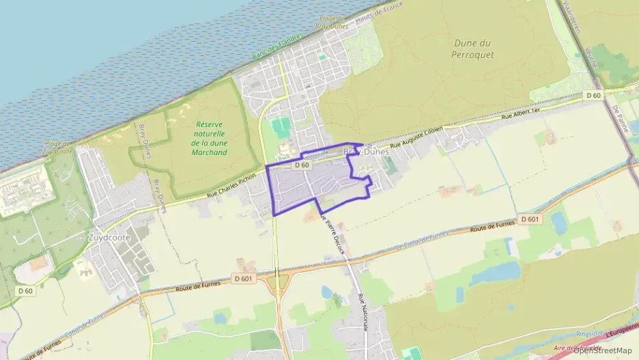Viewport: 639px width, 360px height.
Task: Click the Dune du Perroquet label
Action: point(474,48)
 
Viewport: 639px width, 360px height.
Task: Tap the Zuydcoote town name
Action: point(109,237)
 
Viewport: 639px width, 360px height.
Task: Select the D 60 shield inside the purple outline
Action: point(303,165)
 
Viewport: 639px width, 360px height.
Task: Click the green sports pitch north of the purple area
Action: point(279,126)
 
